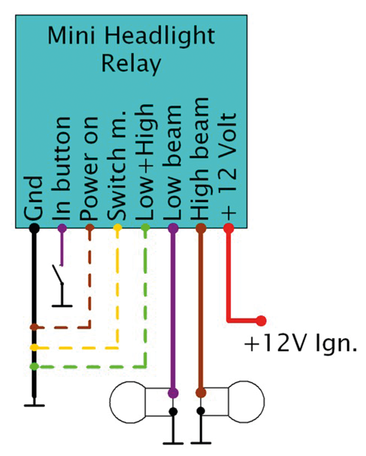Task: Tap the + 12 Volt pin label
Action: click(228, 166)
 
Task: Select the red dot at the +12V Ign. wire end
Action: click(260, 321)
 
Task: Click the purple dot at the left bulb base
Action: click(173, 393)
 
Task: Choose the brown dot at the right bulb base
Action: click(200, 393)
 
